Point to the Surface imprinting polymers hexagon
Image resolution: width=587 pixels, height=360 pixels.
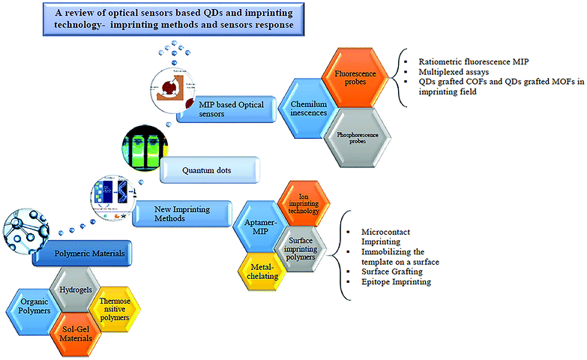pyautogui.click(x=301, y=245)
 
